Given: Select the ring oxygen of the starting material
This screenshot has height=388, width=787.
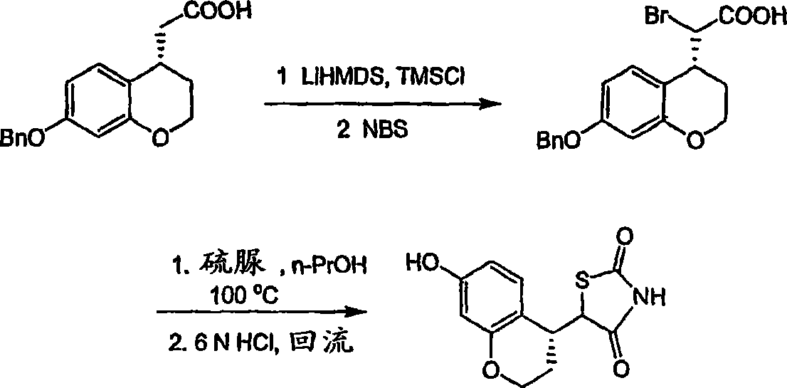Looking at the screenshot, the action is (x=159, y=137).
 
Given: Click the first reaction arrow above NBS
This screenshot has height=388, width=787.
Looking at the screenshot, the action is (x=383, y=104).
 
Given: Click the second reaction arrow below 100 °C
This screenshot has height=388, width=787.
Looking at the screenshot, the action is (x=261, y=313).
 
